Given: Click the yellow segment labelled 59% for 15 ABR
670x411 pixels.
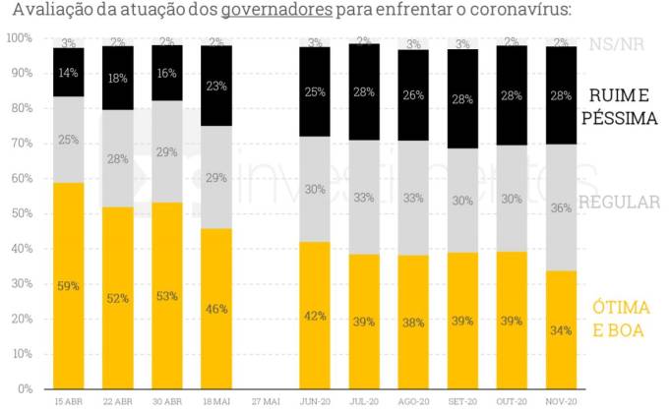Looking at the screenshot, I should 69,285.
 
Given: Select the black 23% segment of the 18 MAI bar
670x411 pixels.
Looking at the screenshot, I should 216,86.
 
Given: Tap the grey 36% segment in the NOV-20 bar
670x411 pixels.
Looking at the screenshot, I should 560,207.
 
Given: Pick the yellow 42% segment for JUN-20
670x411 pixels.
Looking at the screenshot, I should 315,315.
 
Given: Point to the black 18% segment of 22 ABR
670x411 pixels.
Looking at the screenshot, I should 118,78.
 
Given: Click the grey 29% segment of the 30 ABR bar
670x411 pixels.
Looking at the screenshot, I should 166,152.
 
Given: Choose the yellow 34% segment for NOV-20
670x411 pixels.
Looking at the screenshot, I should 560,329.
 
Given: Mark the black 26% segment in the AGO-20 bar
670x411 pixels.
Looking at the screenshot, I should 413,95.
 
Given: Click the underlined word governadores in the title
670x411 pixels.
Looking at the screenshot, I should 275,12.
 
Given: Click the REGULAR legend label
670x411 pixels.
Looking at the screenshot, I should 619,202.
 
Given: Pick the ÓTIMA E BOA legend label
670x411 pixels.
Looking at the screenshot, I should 619,320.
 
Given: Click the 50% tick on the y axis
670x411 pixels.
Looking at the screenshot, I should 20,213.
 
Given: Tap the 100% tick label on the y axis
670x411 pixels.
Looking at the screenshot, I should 18,38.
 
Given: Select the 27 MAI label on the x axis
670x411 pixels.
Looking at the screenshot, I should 266,401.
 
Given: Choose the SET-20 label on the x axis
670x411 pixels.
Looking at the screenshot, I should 462,401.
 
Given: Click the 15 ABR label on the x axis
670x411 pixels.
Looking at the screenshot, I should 69,401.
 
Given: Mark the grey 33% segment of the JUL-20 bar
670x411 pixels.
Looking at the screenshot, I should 364,197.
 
